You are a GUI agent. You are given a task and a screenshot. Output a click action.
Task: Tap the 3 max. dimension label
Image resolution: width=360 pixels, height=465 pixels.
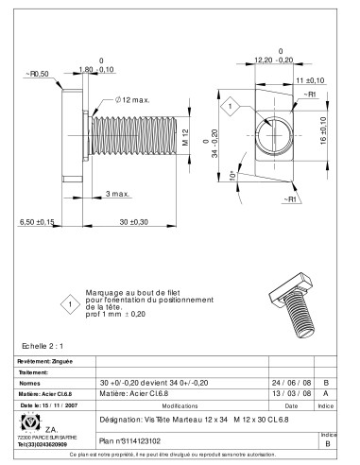click(118, 193)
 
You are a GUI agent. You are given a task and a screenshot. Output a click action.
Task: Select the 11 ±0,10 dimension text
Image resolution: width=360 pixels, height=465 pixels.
click(307, 81)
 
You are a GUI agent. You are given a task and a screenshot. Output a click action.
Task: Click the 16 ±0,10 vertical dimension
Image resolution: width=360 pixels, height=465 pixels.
click(322, 132)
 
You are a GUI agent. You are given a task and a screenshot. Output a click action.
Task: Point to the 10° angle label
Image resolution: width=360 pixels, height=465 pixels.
click(231, 177)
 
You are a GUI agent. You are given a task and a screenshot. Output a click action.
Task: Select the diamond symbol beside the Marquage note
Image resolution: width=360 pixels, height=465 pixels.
click(68, 304)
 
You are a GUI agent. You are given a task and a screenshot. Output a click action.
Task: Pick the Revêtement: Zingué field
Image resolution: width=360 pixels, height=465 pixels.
click(43, 361)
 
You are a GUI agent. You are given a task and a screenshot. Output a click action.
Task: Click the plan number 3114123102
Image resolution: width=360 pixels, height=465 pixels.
click(129, 440)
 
